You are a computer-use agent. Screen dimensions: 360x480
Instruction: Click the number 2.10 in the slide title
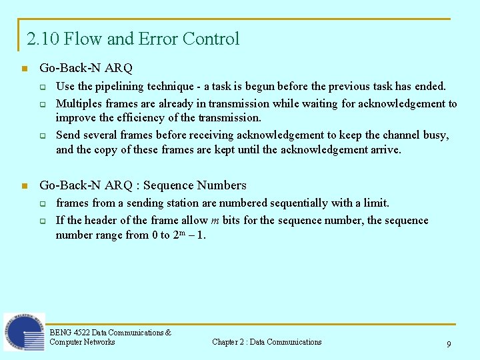tap(41, 39)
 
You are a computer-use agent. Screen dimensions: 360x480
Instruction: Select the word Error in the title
tap(157, 39)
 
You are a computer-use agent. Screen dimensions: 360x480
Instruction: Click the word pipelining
tap(120, 86)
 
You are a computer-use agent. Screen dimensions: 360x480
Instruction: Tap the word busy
tap(435, 135)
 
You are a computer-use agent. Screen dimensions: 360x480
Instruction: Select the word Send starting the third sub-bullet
tap(68, 135)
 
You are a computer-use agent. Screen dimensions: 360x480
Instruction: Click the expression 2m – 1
tap(189, 235)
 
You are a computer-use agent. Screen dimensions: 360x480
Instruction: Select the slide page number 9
tap(449, 345)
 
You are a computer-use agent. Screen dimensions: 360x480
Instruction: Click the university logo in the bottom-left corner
tap(24, 332)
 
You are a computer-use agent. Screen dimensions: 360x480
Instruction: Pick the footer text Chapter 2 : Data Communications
tap(267, 342)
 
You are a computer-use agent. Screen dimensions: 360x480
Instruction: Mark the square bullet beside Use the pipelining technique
tap(41, 87)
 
